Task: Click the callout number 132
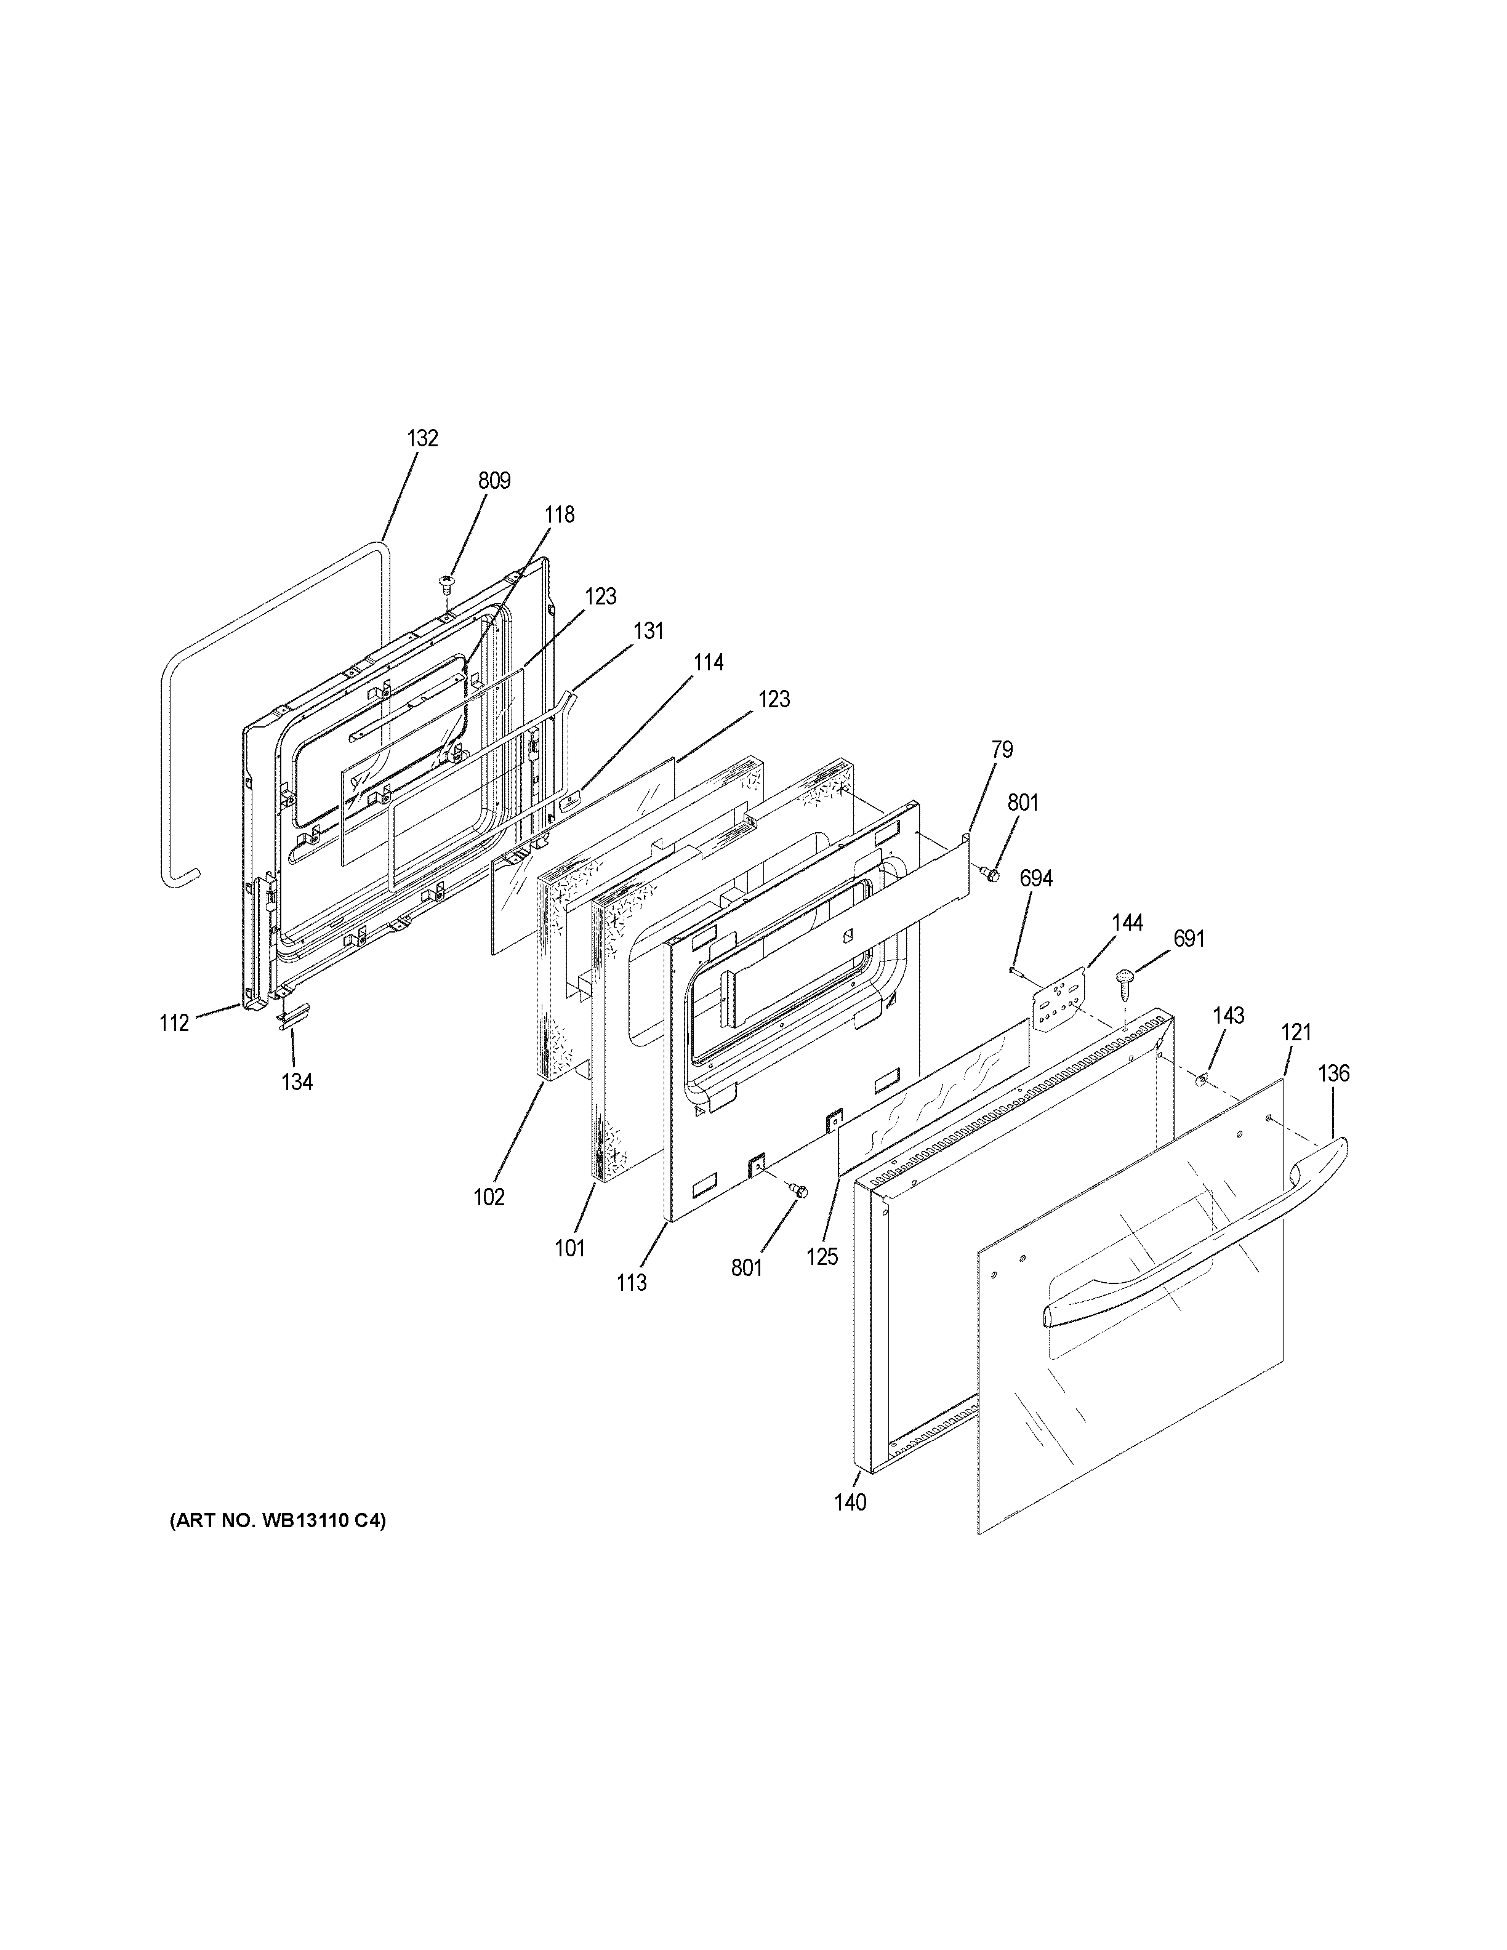click(422, 438)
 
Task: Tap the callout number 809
click(494, 481)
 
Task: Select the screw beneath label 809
click(446, 585)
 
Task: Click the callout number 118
click(560, 515)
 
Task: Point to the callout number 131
click(648, 632)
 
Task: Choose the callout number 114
click(708, 662)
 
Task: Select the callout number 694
click(1035, 878)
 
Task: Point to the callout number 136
click(1334, 1073)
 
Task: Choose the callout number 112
click(174, 1023)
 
